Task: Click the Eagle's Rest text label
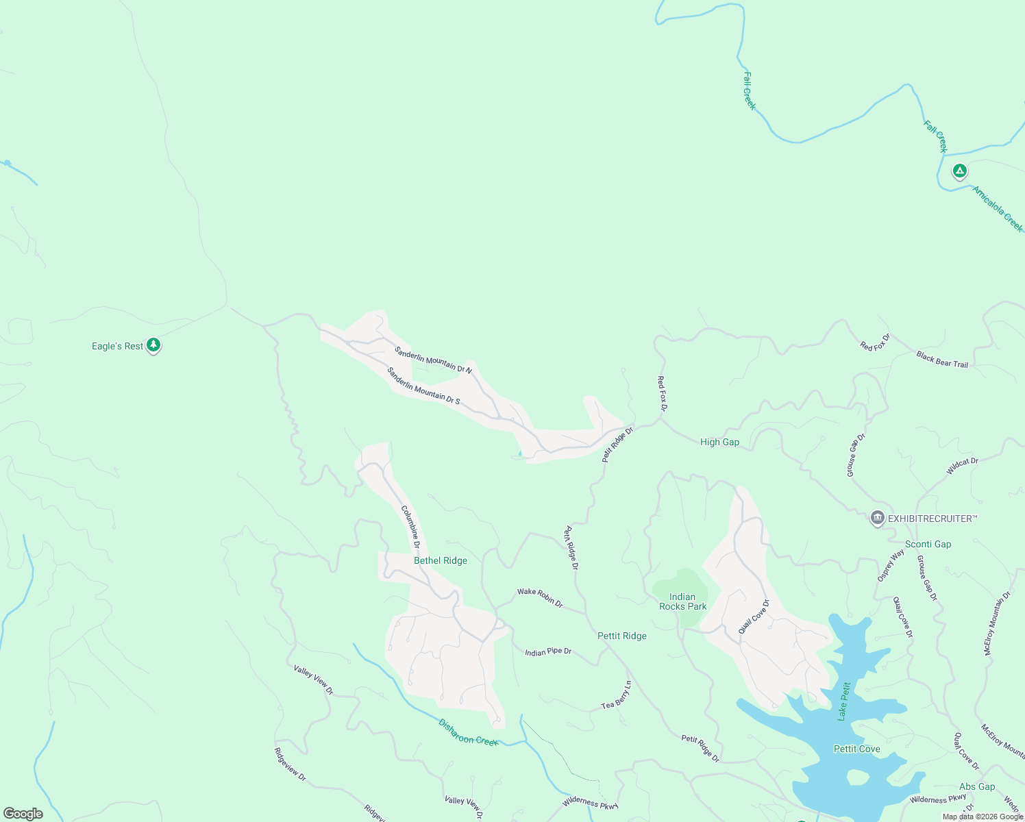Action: tap(117, 347)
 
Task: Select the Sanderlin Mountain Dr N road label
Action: tap(433, 360)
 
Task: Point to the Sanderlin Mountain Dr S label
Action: tap(423, 386)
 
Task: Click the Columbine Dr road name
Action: tap(410, 527)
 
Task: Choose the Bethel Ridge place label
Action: tap(441, 560)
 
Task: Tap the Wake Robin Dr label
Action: tap(540, 598)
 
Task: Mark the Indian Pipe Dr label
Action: tap(548, 651)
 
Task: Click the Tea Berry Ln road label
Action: tap(617, 695)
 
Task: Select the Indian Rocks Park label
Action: tap(682, 601)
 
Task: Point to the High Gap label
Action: tap(719, 442)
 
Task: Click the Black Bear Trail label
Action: tap(942, 360)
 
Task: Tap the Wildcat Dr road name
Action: tap(963, 466)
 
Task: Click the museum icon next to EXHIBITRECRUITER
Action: tap(877, 518)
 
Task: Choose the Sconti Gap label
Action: tap(928, 544)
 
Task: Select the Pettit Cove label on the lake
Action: tap(856, 749)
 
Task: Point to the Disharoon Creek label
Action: tap(469, 732)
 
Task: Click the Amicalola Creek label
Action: tap(998, 209)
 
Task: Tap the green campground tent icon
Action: tap(960, 171)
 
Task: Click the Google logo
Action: tap(23, 814)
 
